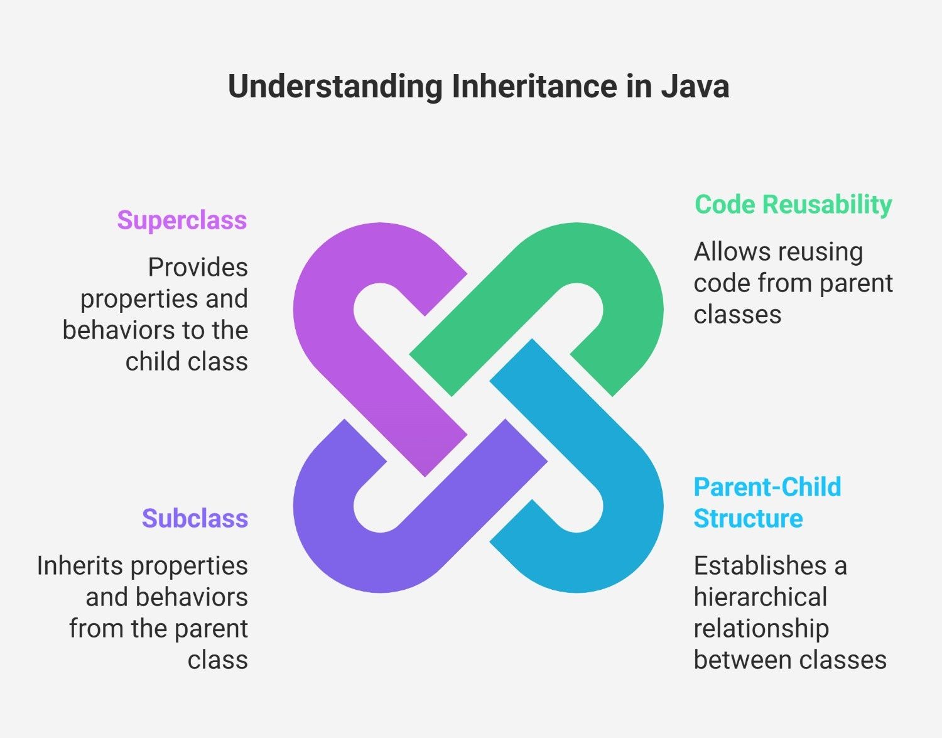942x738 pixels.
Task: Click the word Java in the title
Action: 695,87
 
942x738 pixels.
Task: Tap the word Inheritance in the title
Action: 535,87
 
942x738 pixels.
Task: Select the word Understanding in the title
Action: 335,87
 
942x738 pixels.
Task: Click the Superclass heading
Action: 182,220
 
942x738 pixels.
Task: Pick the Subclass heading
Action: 195,518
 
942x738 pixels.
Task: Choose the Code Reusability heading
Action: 793,205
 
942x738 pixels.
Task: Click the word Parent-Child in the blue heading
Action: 767,487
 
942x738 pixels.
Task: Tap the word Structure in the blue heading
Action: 748,519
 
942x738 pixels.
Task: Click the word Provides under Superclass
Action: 198,268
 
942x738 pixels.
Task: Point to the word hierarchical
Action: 761,597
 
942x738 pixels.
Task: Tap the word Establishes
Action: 760,566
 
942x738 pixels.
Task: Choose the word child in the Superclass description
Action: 149,362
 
